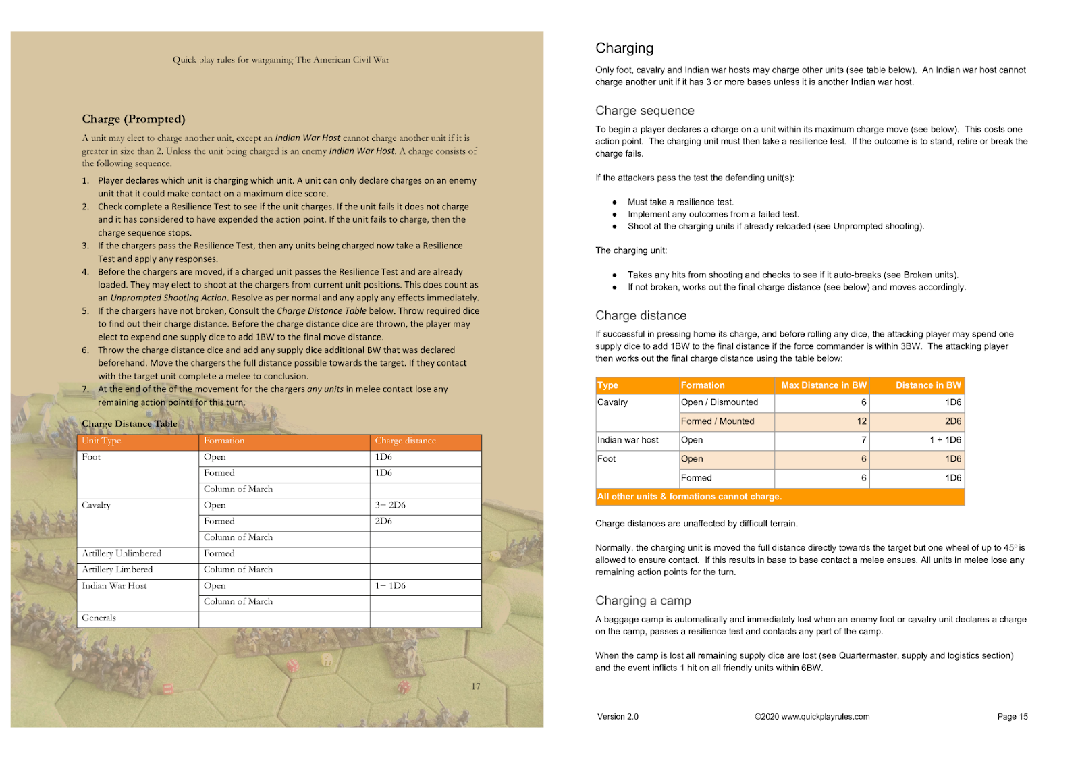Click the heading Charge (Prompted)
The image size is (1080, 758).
click(133, 119)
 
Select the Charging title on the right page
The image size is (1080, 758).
click(624, 48)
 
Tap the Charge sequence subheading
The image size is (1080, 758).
click(645, 111)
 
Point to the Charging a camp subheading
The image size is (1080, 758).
click(643, 601)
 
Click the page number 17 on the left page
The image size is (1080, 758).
click(476, 686)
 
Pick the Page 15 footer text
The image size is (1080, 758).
click(1012, 717)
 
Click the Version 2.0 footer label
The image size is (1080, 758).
click(618, 717)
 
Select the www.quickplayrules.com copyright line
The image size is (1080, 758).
click(812, 717)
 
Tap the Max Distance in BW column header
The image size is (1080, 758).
click(823, 385)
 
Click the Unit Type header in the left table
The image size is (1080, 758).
click(101, 441)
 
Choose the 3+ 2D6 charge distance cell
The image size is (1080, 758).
click(390, 505)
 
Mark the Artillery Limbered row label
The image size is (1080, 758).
click(117, 570)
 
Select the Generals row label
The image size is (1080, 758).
click(99, 618)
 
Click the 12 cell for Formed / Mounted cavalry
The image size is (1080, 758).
click(861, 421)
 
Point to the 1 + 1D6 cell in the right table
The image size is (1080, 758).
click(945, 440)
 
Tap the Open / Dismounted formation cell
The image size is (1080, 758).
click(719, 402)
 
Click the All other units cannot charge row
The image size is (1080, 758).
click(689, 497)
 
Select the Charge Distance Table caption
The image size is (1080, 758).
click(129, 424)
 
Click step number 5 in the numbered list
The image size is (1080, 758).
click(86, 311)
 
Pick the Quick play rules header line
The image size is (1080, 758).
click(281, 60)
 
